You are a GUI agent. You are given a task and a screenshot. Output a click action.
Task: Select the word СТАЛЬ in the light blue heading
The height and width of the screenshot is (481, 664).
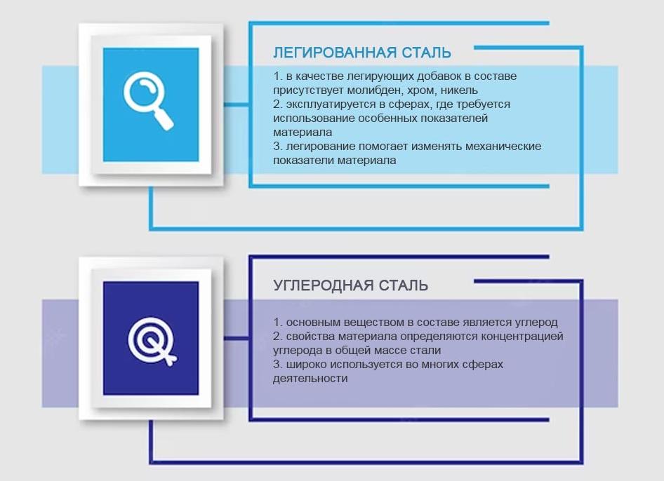point(427,53)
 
